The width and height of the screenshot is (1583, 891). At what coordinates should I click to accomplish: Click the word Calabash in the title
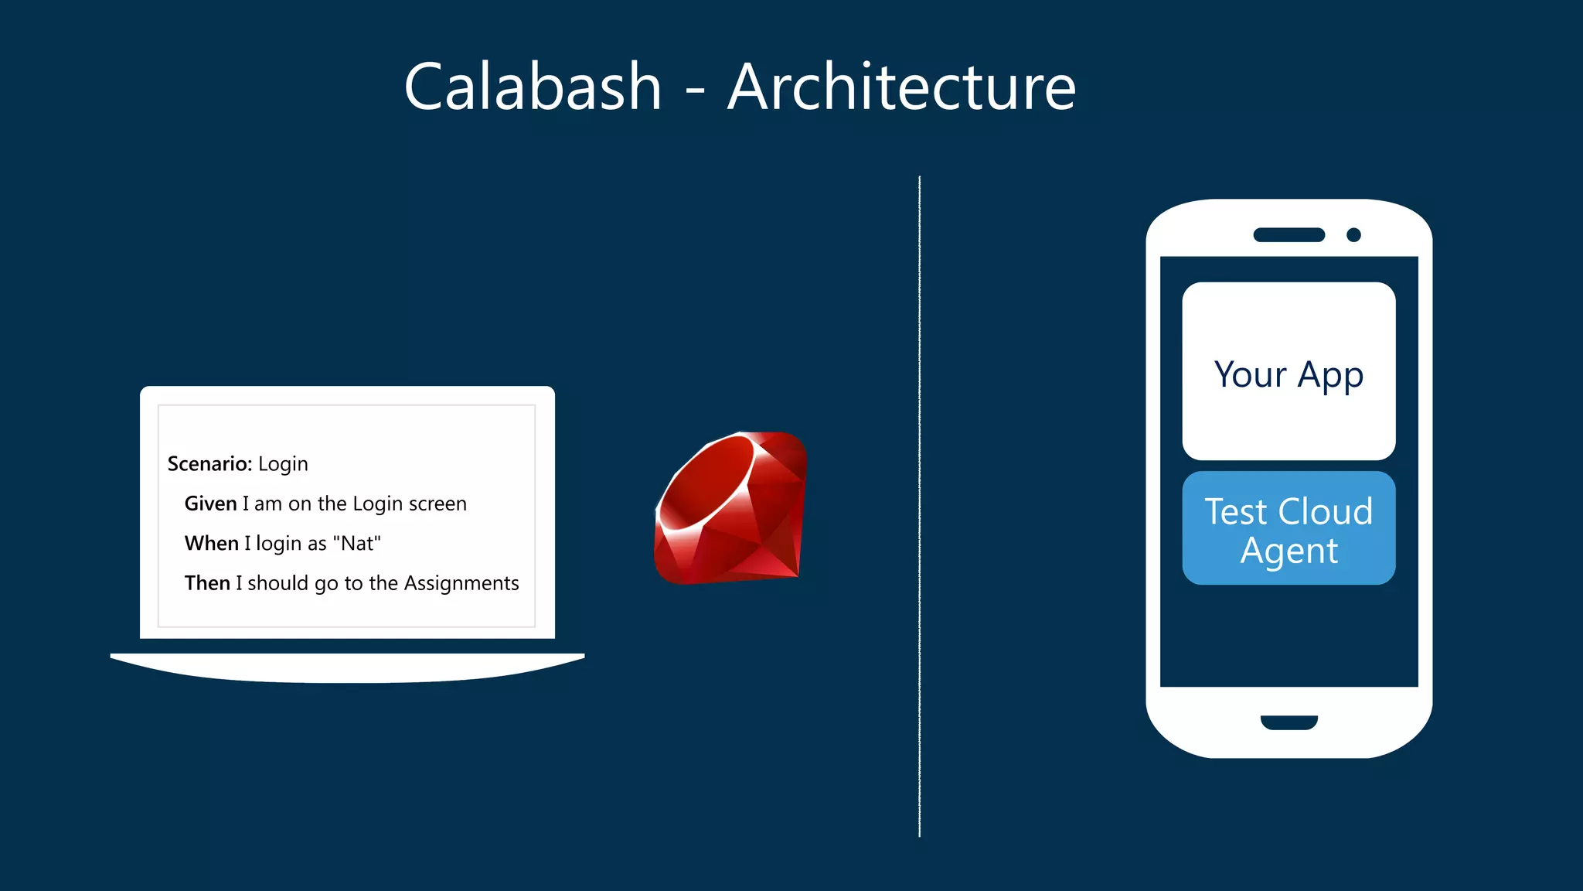[533, 87]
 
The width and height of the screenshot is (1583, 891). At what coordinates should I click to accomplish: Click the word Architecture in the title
[901, 87]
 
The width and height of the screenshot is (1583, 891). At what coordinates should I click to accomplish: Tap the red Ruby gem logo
[730, 507]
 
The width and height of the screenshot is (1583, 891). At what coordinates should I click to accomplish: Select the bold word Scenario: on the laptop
[209, 464]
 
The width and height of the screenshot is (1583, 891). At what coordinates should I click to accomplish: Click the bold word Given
[210, 504]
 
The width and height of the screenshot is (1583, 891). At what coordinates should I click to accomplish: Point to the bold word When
[211, 544]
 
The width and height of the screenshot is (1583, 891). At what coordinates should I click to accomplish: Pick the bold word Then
[207, 583]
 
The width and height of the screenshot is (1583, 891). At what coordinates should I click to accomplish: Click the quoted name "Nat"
[356, 544]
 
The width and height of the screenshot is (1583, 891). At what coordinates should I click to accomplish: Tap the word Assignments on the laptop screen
[461, 583]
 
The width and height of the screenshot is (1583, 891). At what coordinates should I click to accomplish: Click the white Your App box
[1289, 371]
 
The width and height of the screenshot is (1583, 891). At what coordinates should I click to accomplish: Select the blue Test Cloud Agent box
[1289, 528]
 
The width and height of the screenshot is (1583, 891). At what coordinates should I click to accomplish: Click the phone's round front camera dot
[1353, 235]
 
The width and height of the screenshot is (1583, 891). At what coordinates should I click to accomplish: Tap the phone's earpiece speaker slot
[1289, 235]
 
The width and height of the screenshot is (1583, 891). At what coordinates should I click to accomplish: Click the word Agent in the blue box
[1289, 551]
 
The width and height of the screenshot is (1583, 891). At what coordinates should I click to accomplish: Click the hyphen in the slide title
[695, 93]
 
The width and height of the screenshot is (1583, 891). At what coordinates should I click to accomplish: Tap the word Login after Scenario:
[283, 464]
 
